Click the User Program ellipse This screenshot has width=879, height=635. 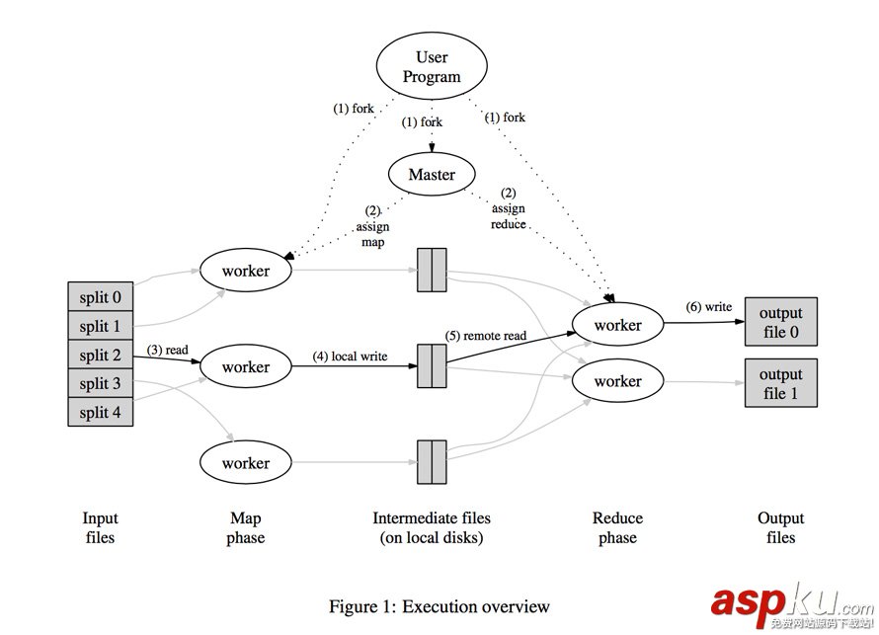click(432, 67)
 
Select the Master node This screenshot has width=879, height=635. click(433, 175)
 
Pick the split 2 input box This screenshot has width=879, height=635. click(101, 356)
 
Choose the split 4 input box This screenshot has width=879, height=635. click(101, 412)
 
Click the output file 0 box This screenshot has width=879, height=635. click(780, 322)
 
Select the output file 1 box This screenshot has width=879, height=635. click(780, 383)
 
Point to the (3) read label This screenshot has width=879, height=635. click(168, 350)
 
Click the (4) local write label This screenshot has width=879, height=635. click(351, 357)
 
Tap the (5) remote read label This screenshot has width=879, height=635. click(485, 336)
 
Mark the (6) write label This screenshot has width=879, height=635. click(709, 307)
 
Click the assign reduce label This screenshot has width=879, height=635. click(509, 208)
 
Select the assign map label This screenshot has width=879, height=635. click(372, 226)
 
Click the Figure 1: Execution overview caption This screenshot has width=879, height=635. click(439, 606)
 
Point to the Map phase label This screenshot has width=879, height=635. click(245, 528)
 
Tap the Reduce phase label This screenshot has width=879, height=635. click(617, 528)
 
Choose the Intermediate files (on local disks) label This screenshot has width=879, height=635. click(432, 528)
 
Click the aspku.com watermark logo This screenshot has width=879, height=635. click(790, 602)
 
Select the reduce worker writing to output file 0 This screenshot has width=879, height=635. click(618, 325)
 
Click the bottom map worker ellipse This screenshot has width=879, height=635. click(246, 462)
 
